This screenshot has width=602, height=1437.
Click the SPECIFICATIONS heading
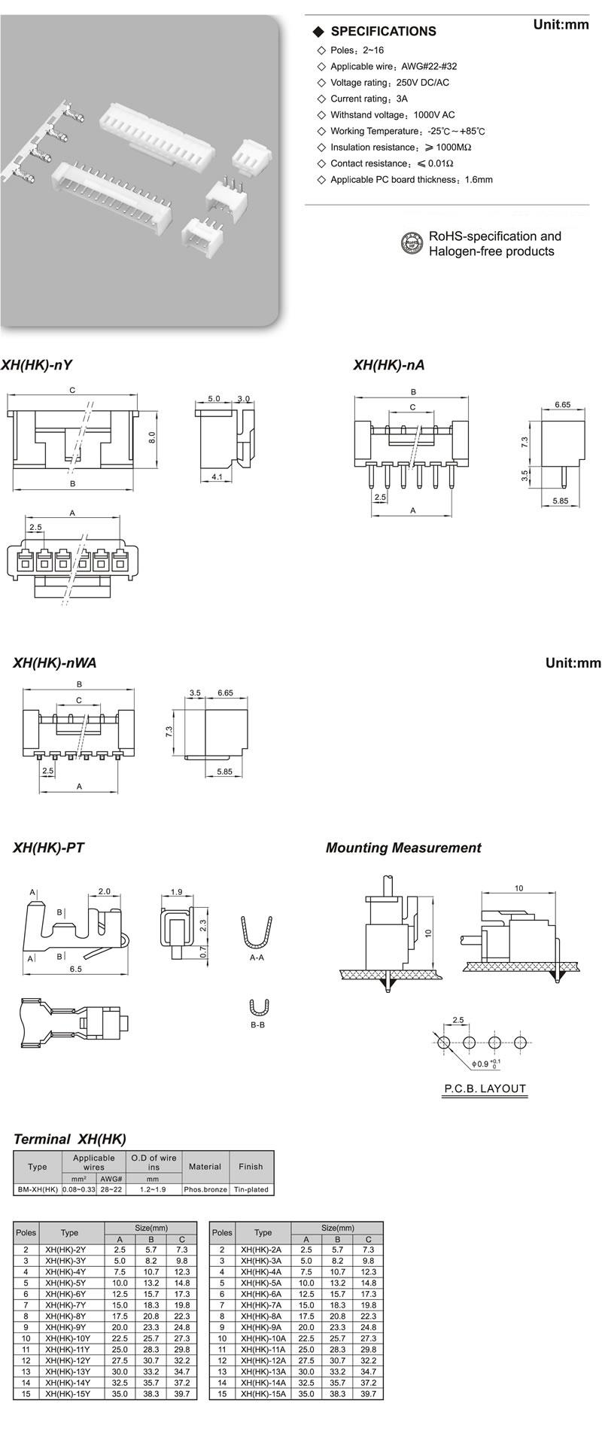pyautogui.click(x=383, y=32)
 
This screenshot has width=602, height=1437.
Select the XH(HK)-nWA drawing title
pyautogui.click(x=54, y=663)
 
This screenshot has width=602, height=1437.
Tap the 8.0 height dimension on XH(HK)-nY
pyautogui.click(x=151, y=437)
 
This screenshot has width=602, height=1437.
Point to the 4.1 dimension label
pyautogui.click(x=216, y=476)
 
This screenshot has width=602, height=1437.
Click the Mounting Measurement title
pyautogui.click(x=403, y=848)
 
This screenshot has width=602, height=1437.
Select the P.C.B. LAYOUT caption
pyautogui.click(x=485, y=1088)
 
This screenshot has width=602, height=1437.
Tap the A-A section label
pyautogui.click(x=257, y=957)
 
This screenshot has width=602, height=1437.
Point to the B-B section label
pyautogui.click(x=257, y=1025)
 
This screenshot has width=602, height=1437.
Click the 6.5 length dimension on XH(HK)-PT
pyautogui.click(x=75, y=969)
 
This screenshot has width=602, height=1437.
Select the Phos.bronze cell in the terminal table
pyautogui.click(x=205, y=1190)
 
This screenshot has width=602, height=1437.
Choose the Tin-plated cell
pyautogui.click(x=251, y=1190)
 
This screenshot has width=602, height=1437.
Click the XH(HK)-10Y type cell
pyautogui.click(x=68, y=1338)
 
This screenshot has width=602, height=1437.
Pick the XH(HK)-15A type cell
pyautogui.click(x=263, y=1394)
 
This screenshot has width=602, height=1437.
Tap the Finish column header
pyautogui.click(x=251, y=1167)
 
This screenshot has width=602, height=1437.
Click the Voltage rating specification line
pyautogui.click(x=390, y=83)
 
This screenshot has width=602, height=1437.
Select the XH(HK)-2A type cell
pyautogui.click(x=261, y=1250)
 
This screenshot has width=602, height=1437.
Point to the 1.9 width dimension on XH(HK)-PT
pyautogui.click(x=176, y=892)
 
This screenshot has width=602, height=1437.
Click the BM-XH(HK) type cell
pyautogui.click(x=37, y=1190)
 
